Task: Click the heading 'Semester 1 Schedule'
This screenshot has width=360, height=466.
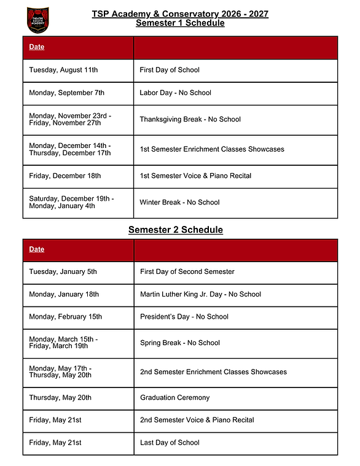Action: coord(180,23)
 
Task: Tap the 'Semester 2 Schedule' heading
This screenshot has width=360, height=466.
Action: coord(175,230)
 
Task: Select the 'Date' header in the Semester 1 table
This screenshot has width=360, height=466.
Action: coord(37,47)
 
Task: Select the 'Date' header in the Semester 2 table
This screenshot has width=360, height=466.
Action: coord(37,249)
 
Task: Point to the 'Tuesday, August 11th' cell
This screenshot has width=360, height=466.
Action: coord(63,70)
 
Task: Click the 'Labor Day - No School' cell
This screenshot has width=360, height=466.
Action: coord(175,93)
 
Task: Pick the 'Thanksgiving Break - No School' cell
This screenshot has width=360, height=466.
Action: coord(190,119)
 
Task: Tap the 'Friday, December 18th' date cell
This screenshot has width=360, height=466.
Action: coord(65,176)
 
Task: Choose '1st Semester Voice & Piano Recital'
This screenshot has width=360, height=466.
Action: coord(195,176)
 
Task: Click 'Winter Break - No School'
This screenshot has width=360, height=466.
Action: coord(179,202)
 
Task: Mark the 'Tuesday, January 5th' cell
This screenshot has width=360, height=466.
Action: coord(63,271)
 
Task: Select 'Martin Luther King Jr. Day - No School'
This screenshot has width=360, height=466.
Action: coord(200,294)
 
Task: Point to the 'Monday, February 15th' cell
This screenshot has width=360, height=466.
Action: coord(66,317)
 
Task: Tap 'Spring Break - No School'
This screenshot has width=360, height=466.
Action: coord(180,343)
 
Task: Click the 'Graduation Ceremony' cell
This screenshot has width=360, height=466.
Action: coord(174,397)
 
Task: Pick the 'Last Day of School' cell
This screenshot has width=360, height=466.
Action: coord(170,443)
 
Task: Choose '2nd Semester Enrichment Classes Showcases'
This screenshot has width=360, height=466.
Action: coord(213,371)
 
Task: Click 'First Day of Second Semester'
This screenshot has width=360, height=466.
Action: coord(187,271)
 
